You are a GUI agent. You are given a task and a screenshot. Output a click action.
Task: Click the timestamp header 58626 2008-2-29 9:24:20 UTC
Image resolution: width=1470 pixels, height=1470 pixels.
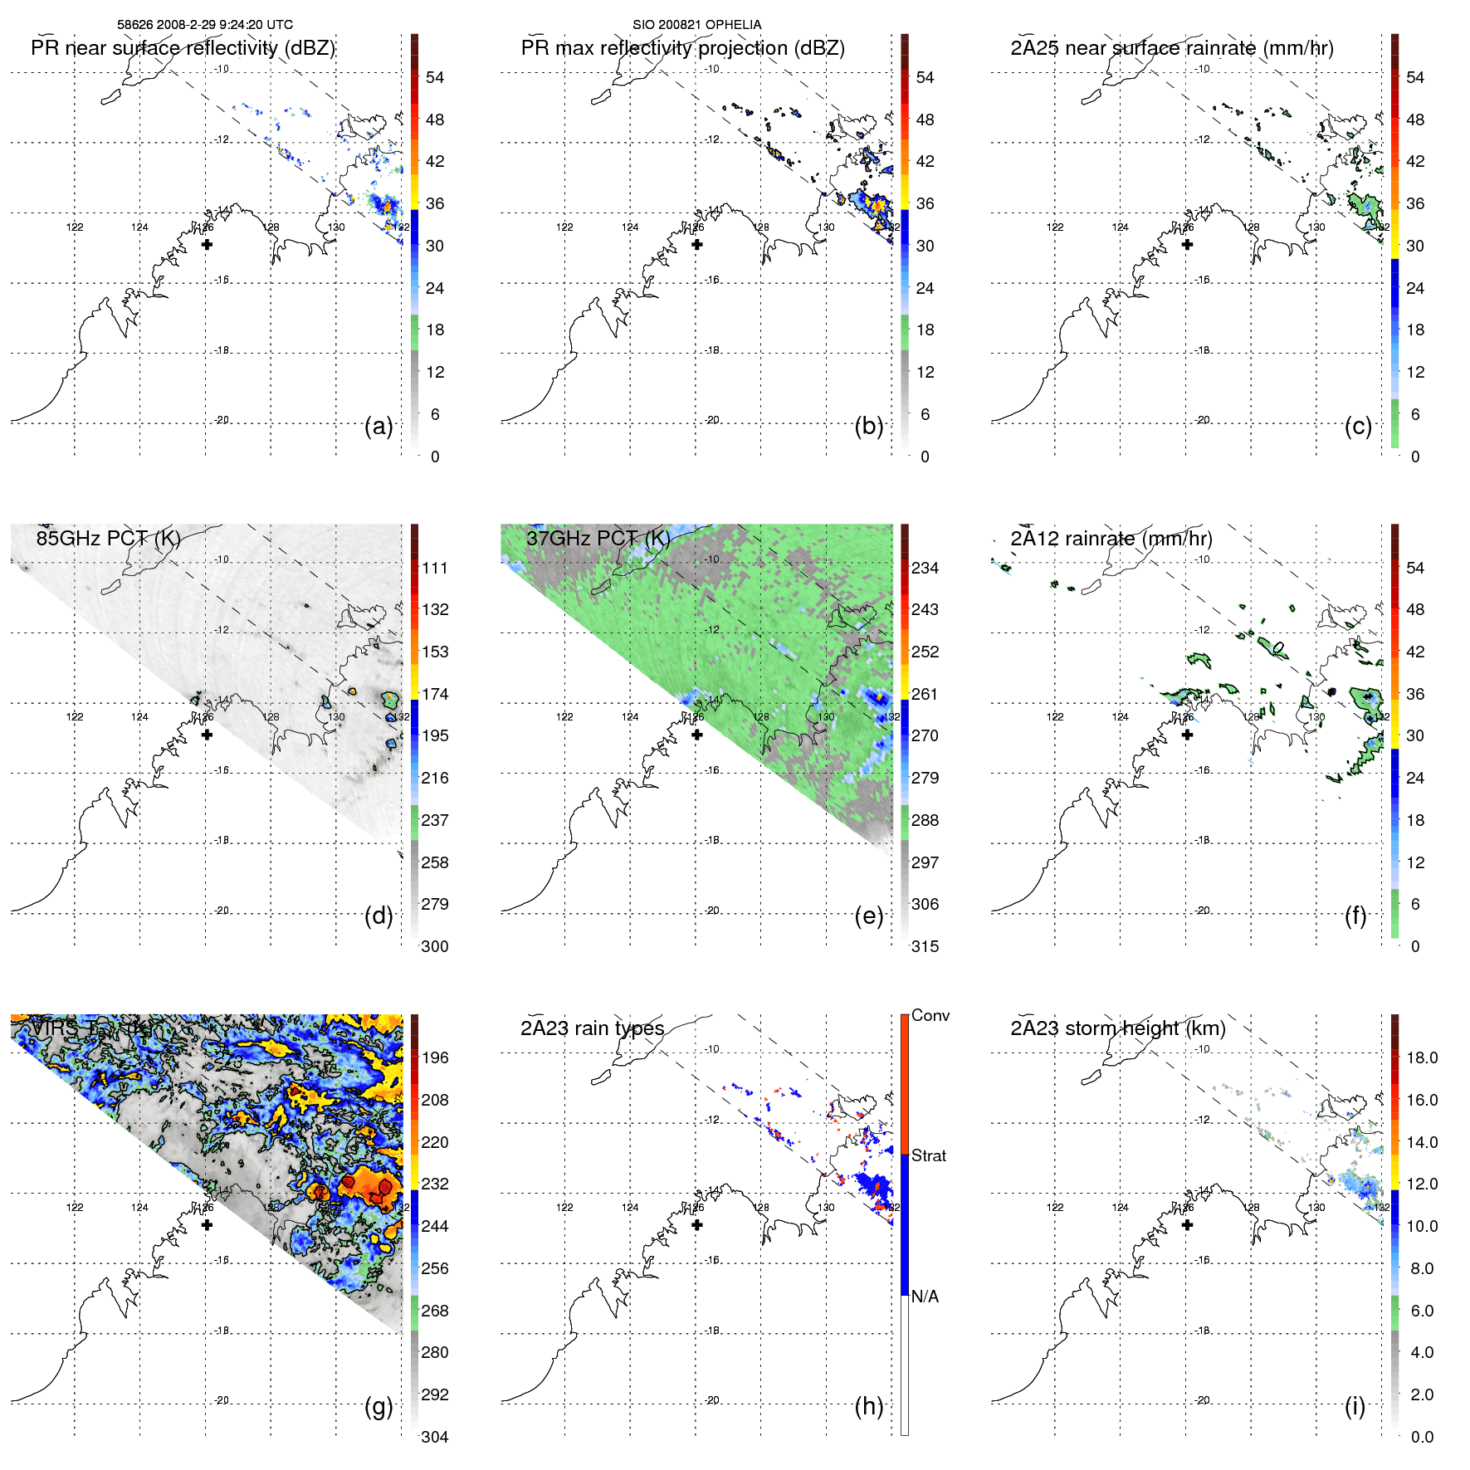(204, 25)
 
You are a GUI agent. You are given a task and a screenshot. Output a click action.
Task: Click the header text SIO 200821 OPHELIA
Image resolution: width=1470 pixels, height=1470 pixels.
(696, 25)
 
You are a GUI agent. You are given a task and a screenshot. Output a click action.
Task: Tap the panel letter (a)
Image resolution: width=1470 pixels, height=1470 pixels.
(378, 427)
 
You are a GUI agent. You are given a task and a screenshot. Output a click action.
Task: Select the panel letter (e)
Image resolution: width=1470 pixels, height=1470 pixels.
(868, 916)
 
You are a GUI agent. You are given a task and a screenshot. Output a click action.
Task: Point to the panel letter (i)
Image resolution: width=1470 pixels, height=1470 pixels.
(1355, 1406)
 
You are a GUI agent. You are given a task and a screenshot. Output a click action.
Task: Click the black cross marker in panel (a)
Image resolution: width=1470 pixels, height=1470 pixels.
(207, 245)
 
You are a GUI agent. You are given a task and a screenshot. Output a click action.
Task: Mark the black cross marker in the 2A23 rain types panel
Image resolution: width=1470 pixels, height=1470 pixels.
(697, 1225)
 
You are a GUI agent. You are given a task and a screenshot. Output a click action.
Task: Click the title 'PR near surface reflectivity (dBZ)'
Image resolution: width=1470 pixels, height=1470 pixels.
(183, 48)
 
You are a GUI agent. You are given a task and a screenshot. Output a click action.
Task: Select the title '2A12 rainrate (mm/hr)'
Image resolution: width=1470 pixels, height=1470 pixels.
(1111, 539)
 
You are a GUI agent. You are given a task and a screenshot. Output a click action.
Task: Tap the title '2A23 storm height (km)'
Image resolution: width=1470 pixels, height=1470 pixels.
(1117, 1028)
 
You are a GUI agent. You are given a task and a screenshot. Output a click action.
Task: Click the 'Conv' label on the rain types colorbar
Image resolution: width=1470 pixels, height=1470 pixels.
(930, 1016)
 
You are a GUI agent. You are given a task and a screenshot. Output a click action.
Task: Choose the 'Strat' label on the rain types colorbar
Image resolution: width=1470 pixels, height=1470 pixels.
(928, 1156)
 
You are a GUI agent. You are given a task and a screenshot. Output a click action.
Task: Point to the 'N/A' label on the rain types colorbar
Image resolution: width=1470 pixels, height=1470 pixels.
(925, 1297)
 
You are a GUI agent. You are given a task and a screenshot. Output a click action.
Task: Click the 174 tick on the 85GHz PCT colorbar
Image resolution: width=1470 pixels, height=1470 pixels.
(435, 694)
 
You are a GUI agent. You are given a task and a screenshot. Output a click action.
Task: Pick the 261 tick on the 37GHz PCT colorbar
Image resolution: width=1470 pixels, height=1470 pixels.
(925, 694)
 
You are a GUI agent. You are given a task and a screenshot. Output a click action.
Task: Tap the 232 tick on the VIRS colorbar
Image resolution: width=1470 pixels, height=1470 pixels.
(435, 1184)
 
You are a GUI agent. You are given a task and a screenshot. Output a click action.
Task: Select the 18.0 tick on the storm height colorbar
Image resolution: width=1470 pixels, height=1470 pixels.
(1421, 1058)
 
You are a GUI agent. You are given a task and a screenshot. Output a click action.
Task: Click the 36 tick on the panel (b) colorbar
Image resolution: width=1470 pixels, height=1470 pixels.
(925, 203)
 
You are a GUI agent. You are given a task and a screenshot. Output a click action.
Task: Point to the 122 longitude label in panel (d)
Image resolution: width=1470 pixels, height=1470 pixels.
(75, 716)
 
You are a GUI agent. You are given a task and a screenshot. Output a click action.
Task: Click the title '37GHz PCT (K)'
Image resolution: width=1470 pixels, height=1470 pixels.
(598, 539)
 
